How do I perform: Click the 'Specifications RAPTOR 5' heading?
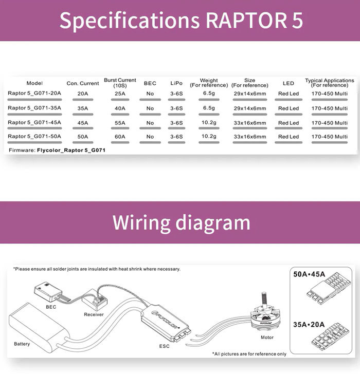pos(181,20)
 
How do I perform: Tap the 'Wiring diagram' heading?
pos(181,223)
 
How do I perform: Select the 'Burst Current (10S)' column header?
pos(120,83)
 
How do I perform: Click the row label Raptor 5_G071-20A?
pos(34,93)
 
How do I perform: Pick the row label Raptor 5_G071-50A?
pos(34,137)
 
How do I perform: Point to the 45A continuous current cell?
pos(82,123)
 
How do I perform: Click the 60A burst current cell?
pos(120,137)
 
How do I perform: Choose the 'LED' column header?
pos(288,83)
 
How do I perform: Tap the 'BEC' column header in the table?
pos(150,83)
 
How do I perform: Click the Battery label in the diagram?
pos(22,343)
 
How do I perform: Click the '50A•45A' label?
pos(309,274)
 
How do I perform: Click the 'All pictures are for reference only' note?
pos(249,354)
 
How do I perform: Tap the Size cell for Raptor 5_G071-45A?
pos(249,123)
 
